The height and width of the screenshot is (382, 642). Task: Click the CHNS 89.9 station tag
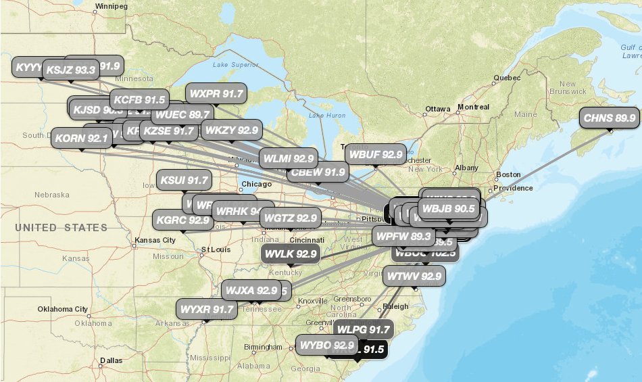point(610,118)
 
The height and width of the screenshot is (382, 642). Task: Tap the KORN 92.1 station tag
point(82,139)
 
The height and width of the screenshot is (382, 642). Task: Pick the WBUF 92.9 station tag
point(375,154)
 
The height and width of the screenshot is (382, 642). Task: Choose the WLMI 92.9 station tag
point(289,159)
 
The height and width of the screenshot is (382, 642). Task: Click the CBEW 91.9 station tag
point(317,172)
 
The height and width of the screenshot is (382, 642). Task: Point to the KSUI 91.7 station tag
point(184,181)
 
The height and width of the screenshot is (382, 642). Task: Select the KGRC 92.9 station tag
point(183,219)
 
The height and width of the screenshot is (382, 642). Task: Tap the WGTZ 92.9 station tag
point(291,218)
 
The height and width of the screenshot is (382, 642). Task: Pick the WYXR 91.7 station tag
point(207,310)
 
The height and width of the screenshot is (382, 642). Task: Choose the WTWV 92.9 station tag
point(414,276)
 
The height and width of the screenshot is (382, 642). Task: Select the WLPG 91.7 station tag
point(364,330)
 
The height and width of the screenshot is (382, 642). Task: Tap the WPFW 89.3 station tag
point(403,236)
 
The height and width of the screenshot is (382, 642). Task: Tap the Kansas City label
point(155,240)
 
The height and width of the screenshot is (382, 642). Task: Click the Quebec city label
point(508,78)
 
